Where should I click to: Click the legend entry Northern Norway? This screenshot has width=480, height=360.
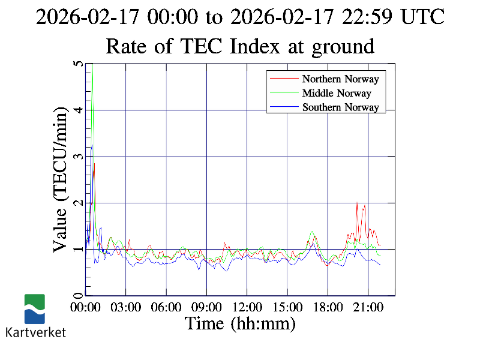340,79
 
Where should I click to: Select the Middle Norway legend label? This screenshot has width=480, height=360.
337,93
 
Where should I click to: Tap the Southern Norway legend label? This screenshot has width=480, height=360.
340,107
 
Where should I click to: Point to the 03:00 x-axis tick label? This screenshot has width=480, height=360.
126,307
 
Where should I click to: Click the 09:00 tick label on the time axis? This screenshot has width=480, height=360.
207,307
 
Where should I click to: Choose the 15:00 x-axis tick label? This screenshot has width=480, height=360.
287,307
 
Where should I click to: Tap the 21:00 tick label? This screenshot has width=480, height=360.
368,307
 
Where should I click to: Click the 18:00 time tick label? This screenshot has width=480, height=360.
328,307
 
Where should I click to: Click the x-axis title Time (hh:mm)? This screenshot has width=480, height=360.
240,324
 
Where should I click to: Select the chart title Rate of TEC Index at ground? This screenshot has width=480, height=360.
240,46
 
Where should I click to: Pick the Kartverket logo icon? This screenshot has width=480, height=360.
35,309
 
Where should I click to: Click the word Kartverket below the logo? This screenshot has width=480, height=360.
35,332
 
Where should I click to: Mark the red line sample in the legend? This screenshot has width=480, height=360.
284,79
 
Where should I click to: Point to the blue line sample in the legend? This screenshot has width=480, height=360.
284,107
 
